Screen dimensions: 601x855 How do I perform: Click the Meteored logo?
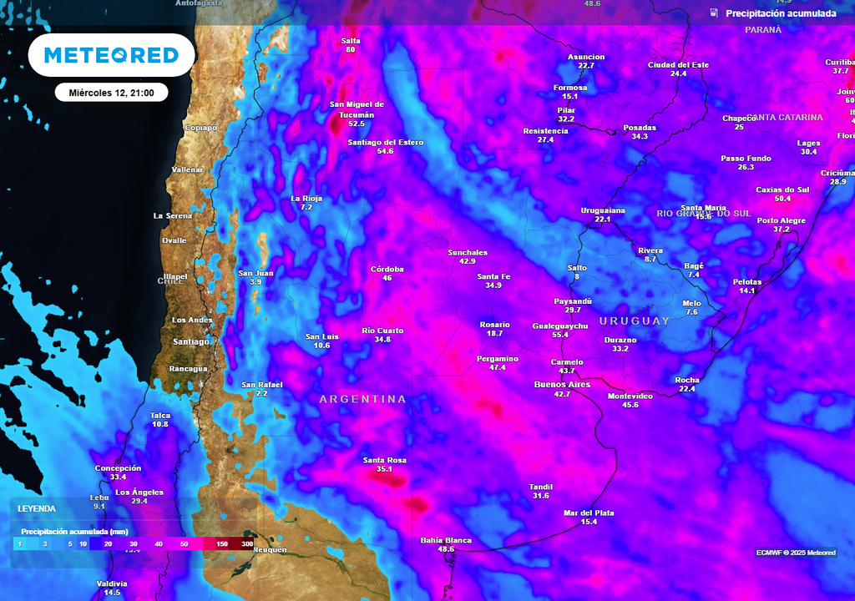tap(111, 55)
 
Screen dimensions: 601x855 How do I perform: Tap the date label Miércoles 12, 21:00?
tap(111, 93)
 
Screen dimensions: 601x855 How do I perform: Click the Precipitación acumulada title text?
tap(781, 13)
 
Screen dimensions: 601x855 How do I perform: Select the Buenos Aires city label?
tap(562, 385)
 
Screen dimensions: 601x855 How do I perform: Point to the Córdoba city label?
tap(387, 269)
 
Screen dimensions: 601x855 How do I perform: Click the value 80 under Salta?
tap(350, 50)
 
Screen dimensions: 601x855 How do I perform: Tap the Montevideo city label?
tap(630, 396)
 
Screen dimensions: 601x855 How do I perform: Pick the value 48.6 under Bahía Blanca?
tap(446, 549)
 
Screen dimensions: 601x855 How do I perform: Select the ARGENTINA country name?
tap(362, 400)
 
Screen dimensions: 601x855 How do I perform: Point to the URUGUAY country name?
tap(635, 321)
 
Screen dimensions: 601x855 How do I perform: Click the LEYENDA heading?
tap(37, 508)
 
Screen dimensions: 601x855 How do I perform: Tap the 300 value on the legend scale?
tap(246, 544)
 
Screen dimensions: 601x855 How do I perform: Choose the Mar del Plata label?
tap(589, 513)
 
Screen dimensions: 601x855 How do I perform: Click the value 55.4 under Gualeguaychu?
tap(560, 335)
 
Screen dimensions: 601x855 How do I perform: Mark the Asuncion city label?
tap(586, 57)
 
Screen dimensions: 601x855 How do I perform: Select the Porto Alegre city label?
tap(782, 220)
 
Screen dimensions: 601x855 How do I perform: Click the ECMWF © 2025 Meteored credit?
tap(796, 553)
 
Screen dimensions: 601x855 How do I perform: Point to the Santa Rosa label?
tap(384, 460)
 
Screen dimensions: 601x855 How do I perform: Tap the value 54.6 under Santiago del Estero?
tap(385, 151)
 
